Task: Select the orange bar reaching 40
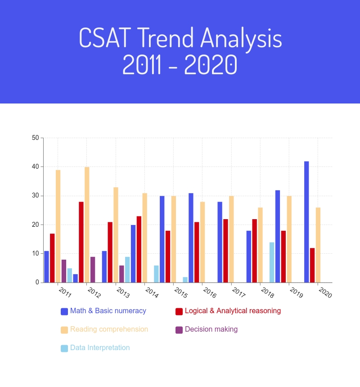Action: [87, 225]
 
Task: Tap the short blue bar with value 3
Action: [76, 279]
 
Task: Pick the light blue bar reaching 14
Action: [272, 262]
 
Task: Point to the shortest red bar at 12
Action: [312, 265]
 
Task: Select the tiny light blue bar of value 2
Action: [185, 280]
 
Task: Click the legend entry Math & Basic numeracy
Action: [108, 311]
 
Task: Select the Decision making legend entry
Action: [211, 329]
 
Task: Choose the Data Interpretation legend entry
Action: [99, 348]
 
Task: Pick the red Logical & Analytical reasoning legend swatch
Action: [179, 311]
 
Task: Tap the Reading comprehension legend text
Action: [109, 329]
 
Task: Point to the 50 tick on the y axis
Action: [36, 138]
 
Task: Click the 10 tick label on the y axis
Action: [36, 254]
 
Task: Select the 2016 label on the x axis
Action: [210, 292]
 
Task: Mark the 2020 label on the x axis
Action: [325, 292]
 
